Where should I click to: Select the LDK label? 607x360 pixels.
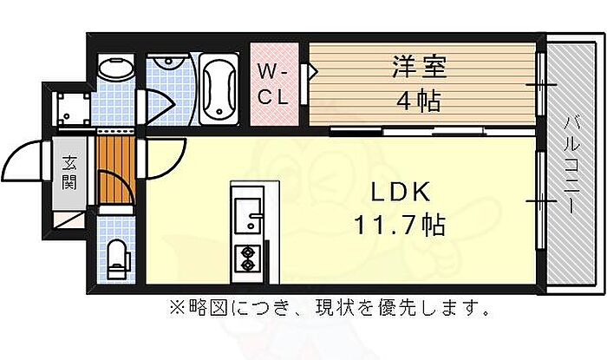401,192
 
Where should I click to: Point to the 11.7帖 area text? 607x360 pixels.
400,225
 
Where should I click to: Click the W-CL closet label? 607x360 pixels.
274,84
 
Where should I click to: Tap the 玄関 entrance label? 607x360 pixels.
69,173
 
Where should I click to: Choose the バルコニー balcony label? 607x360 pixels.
571,164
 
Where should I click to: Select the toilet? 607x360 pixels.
118,259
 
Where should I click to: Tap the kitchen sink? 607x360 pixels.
248,215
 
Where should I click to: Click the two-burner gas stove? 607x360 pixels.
247,259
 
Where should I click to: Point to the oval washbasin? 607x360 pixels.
115,69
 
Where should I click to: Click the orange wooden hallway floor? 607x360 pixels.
115,169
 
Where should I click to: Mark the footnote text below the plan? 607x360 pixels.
330,308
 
